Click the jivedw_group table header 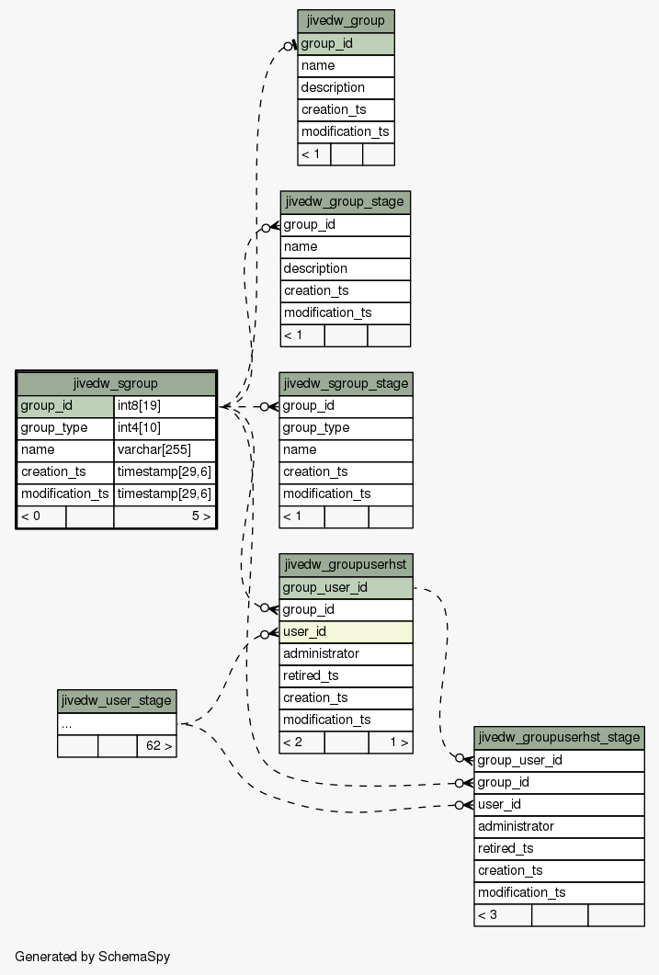tap(346, 21)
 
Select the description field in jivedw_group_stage tap(345, 269)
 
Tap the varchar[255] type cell tap(165, 450)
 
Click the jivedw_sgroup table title tap(116, 383)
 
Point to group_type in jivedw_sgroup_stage tap(346, 428)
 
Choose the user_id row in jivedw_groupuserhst tap(346, 632)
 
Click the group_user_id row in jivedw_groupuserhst tap(346, 587)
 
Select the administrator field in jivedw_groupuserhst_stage tap(559, 827)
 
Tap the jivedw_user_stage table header tap(117, 701)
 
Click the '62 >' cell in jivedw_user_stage tap(156, 746)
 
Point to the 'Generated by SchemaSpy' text tap(93, 957)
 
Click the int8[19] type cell tap(165, 406)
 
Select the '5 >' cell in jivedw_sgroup tap(165, 516)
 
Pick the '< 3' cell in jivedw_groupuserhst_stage tap(503, 915)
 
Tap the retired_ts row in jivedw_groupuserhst tap(346, 676)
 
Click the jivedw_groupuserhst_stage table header tap(559, 738)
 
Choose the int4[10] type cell tap(165, 428)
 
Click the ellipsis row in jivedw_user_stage tap(117, 724)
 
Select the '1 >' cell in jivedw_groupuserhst tap(391, 743)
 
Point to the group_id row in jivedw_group tap(346, 44)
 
